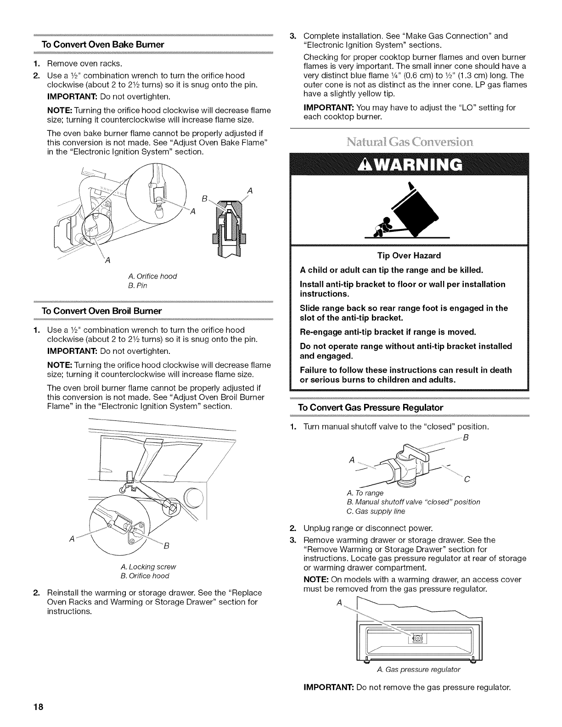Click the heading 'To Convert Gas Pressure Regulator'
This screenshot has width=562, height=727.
(x=371, y=408)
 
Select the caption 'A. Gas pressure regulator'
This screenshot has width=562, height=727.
(x=418, y=670)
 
